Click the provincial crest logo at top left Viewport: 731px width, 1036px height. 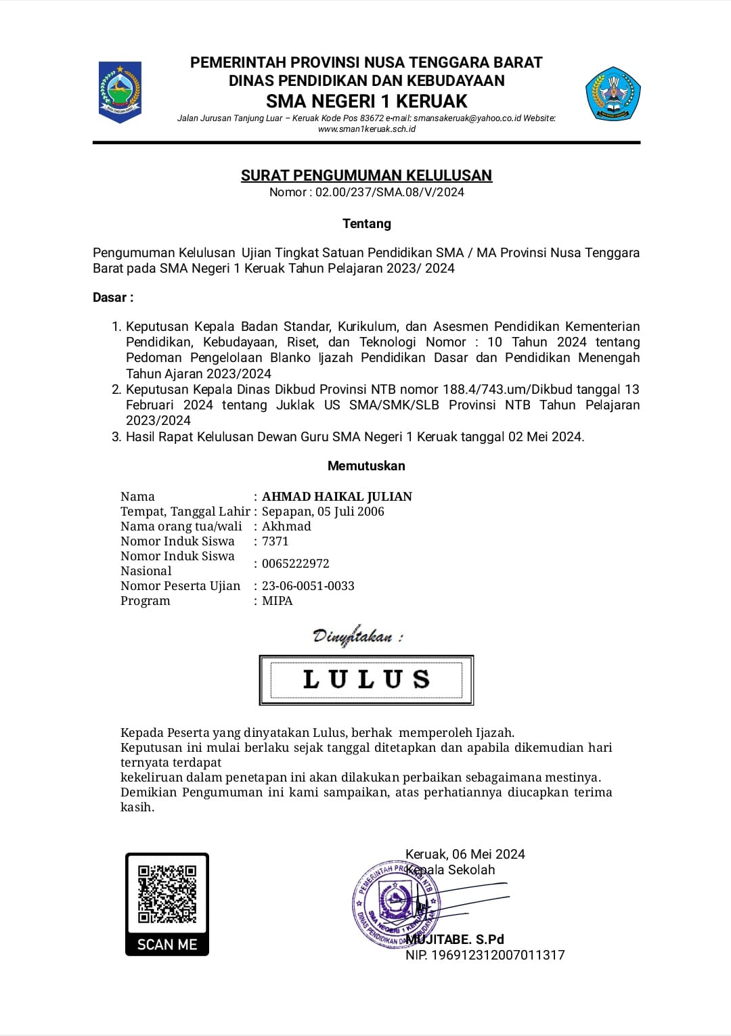(120, 91)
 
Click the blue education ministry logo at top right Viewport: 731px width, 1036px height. (613, 93)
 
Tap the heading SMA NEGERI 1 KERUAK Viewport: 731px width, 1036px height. (366, 102)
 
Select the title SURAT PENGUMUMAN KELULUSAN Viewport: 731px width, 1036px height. (366, 175)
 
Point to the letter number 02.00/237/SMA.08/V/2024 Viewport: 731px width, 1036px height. (389, 192)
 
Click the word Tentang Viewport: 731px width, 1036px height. (366, 224)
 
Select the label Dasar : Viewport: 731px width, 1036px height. (113, 298)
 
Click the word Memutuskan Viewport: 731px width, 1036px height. (366, 466)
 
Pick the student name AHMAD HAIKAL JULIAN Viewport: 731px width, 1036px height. (336, 497)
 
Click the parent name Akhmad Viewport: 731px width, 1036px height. (286, 526)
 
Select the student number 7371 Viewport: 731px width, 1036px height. (275, 541)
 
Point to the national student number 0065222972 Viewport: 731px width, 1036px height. (295, 564)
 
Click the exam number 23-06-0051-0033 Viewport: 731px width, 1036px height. (308, 586)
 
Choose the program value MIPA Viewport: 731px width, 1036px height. (278, 601)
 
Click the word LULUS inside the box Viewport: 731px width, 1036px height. (366, 679)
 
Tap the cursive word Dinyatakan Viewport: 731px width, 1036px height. (353, 636)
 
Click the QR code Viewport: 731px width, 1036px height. (167, 894)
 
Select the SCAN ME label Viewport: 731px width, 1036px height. (167, 945)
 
